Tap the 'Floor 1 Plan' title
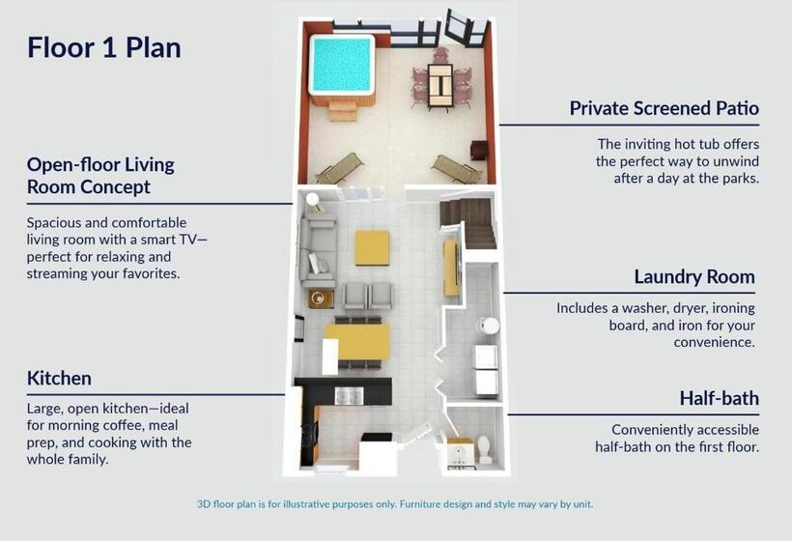(x=104, y=48)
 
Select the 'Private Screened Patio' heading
(x=665, y=108)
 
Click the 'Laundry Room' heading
(x=694, y=277)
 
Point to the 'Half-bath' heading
(x=720, y=398)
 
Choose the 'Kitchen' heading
(x=59, y=379)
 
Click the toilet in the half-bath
(x=485, y=448)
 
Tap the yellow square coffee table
(x=372, y=248)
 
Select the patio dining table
(x=440, y=85)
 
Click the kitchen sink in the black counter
(x=349, y=395)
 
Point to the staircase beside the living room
(x=468, y=222)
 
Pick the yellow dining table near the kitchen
(x=357, y=342)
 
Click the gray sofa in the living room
(x=318, y=251)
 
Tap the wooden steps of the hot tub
(x=343, y=111)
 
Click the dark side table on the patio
(x=479, y=151)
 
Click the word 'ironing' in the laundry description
(x=733, y=308)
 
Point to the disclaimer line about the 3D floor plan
(x=395, y=504)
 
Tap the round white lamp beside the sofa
(x=313, y=200)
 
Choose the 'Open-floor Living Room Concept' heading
(x=100, y=176)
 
